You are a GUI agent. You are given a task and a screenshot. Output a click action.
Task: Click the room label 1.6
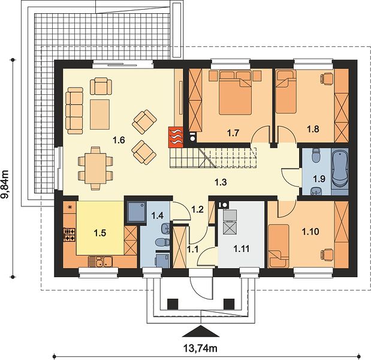[x=119, y=140]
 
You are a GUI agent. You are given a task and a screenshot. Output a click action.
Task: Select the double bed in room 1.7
[x=235, y=92]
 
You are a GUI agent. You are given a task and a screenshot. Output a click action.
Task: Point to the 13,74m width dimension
[x=200, y=348]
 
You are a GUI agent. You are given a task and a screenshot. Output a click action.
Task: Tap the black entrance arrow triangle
[x=201, y=331]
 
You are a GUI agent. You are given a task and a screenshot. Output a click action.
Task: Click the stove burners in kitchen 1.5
[x=69, y=235]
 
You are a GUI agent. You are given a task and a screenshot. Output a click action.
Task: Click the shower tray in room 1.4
[x=137, y=211]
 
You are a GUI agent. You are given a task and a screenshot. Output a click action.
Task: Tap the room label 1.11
[x=242, y=249]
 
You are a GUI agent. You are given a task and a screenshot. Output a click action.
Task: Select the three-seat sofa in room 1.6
[x=74, y=110]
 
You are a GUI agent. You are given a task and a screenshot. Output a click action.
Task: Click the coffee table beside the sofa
[x=99, y=115]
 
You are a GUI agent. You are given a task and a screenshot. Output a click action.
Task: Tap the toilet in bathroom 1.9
[x=316, y=155]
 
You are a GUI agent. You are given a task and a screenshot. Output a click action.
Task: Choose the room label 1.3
[x=221, y=182]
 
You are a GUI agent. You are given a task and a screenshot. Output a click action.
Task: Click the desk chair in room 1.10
[x=327, y=254]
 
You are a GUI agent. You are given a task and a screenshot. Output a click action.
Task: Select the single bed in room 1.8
[x=286, y=91]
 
